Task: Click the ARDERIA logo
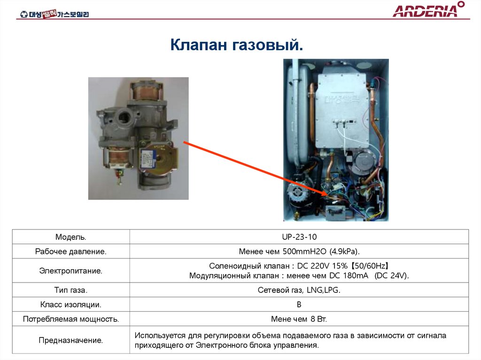[428, 10]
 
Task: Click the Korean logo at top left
[54, 14]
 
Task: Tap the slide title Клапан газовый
[236, 46]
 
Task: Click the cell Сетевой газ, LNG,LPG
[299, 290]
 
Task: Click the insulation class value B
[299, 305]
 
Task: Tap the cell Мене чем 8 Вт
[299, 319]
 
